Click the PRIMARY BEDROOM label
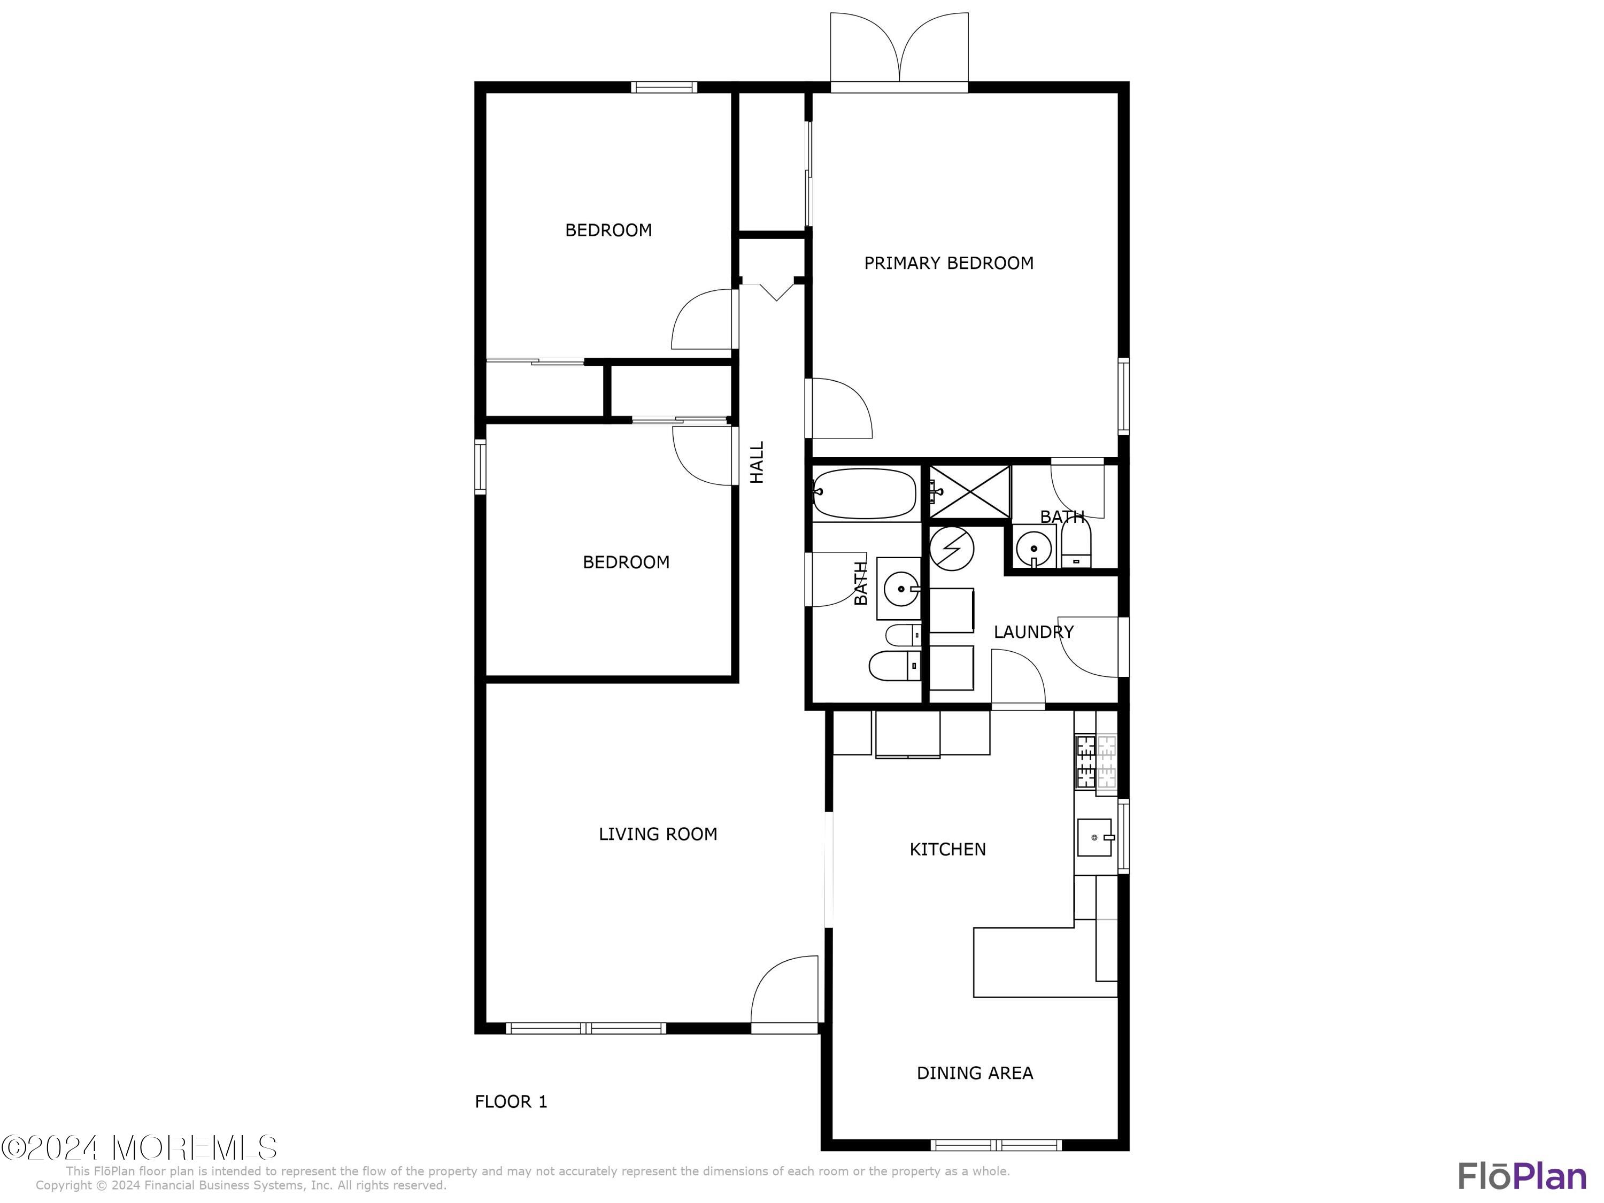(x=948, y=263)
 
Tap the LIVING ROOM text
(x=658, y=834)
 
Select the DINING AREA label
(x=975, y=1073)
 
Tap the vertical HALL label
(x=757, y=462)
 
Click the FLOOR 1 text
(x=511, y=1101)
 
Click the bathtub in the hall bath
(x=865, y=492)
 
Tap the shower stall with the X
(x=969, y=492)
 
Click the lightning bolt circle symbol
(x=951, y=548)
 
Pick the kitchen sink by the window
(x=1094, y=837)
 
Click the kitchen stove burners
(x=1096, y=761)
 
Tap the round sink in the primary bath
(x=1034, y=548)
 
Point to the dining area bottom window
(x=996, y=1145)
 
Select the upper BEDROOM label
(x=608, y=230)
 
